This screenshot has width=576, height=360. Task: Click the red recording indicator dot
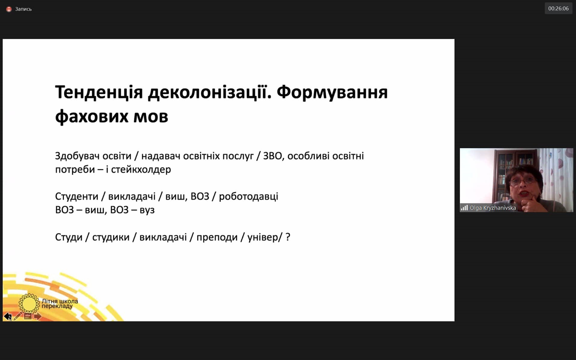[x=9, y=9]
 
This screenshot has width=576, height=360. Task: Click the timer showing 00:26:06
[x=558, y=9]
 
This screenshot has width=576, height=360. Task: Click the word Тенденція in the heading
[x=99, y=92]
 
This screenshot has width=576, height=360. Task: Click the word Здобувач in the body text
[x=77, y=156]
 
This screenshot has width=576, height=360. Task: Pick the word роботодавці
[x=249, y=197]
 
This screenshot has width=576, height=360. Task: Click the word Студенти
[x=77, y=197]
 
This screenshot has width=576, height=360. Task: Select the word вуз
[x=147, y=210]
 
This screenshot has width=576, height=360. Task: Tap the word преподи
[x=217, y=237]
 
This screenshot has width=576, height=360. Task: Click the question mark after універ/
[x=288, y=237]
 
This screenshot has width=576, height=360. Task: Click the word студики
[x=111, y=237]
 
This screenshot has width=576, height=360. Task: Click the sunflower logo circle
[x=29, y=304]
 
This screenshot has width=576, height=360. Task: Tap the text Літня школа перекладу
[x=60, y=304]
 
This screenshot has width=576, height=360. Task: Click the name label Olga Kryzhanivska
[x=493, y=208]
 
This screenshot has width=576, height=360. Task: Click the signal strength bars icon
[x=465, y=207]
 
